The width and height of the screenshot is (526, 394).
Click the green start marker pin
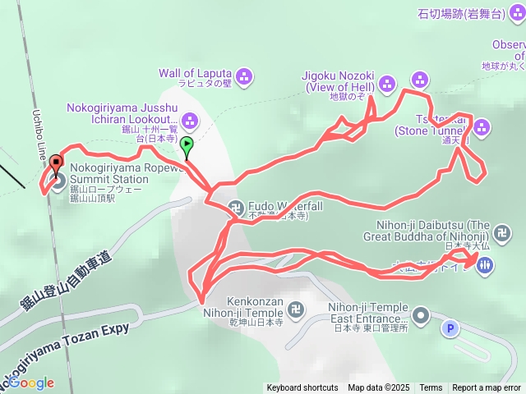[x=187, y=146]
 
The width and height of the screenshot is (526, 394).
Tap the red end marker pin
[x=56, y=163]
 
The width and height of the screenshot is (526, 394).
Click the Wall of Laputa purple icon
[x=244, y=77]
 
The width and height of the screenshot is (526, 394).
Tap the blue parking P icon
[x=450, y=329]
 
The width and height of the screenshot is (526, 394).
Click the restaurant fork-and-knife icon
[x=485, y=264]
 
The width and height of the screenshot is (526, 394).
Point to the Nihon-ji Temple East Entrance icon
[x=421, y=314]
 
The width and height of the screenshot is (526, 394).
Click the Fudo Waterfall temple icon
[x=235, y=207]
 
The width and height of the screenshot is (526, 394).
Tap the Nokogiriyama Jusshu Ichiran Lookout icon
[x=190, y=122]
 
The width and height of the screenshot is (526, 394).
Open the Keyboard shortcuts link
[x=302, y=388]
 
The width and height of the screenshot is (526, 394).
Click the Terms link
[x=431, y=388]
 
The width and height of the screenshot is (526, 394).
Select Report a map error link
[x=487, y=388]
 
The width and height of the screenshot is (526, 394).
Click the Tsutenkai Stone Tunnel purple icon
[x=482, y=126]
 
